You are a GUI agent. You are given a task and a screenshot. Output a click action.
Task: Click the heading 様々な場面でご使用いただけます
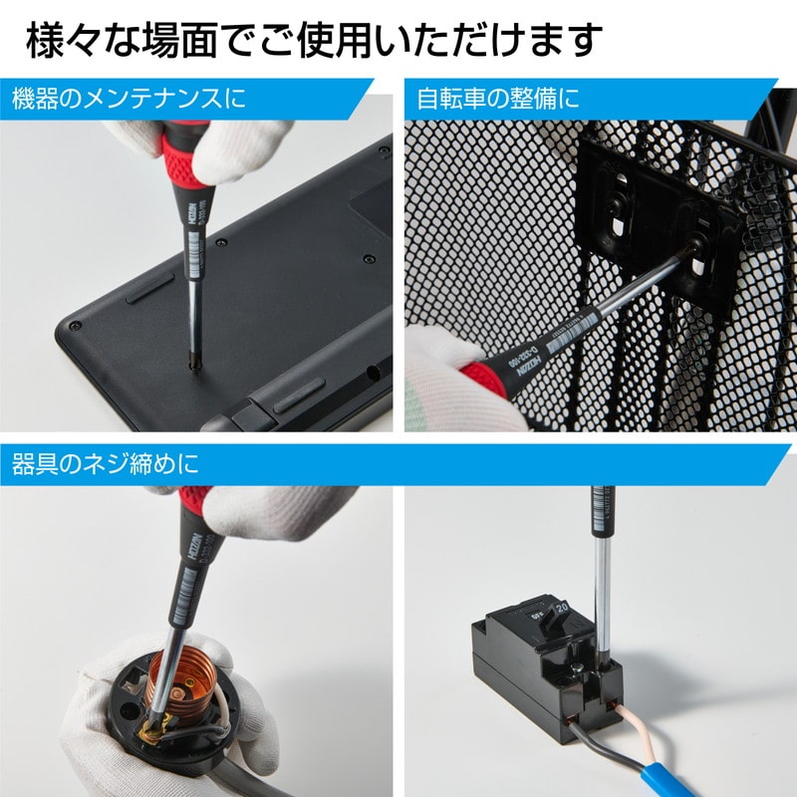313,41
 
